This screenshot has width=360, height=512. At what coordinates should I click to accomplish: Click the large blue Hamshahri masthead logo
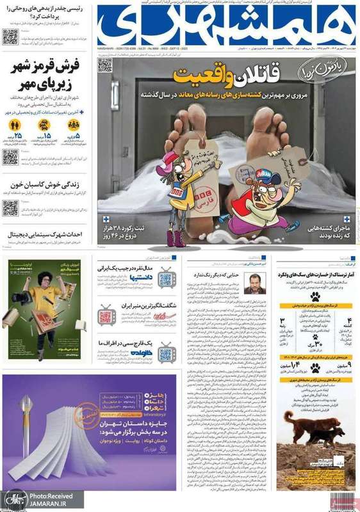coord(225,26)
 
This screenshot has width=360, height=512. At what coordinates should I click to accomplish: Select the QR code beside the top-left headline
coord(10,36)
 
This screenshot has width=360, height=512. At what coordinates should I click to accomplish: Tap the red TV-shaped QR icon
coord(106,317)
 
